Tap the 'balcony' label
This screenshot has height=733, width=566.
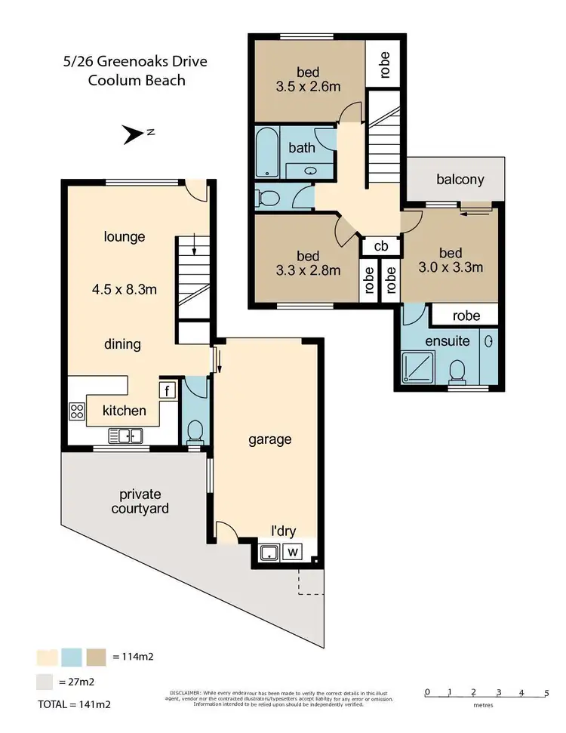[460, 180]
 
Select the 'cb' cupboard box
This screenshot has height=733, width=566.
[381, 246]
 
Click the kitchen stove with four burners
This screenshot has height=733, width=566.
[77, 411]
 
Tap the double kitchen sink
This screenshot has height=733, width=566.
[125, 436]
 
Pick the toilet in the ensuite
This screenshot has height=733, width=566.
[456, 371]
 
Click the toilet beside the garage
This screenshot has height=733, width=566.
[195, 430]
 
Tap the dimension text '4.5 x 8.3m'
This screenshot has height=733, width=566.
[124, 288]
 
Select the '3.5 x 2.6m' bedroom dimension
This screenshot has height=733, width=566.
[307, 86]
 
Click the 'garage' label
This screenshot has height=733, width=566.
[269, 439]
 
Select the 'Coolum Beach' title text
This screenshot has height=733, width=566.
[137, 79]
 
